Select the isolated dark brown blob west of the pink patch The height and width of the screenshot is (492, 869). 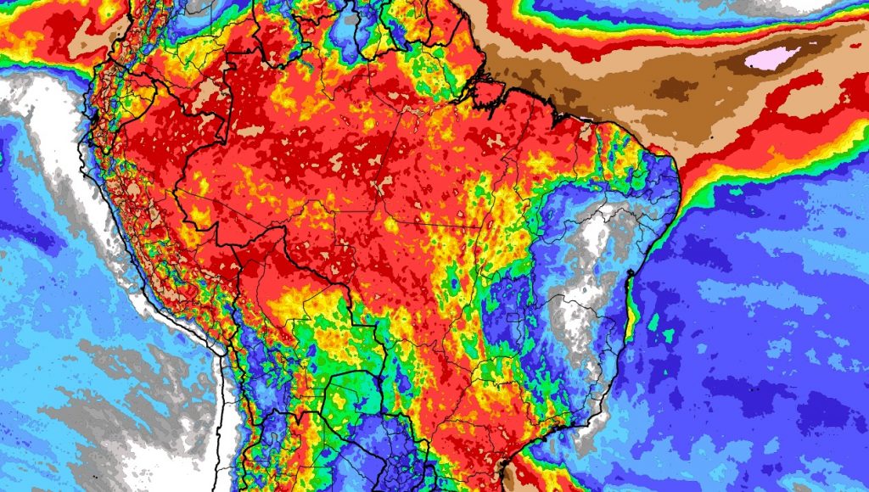[x=676, y=88]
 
